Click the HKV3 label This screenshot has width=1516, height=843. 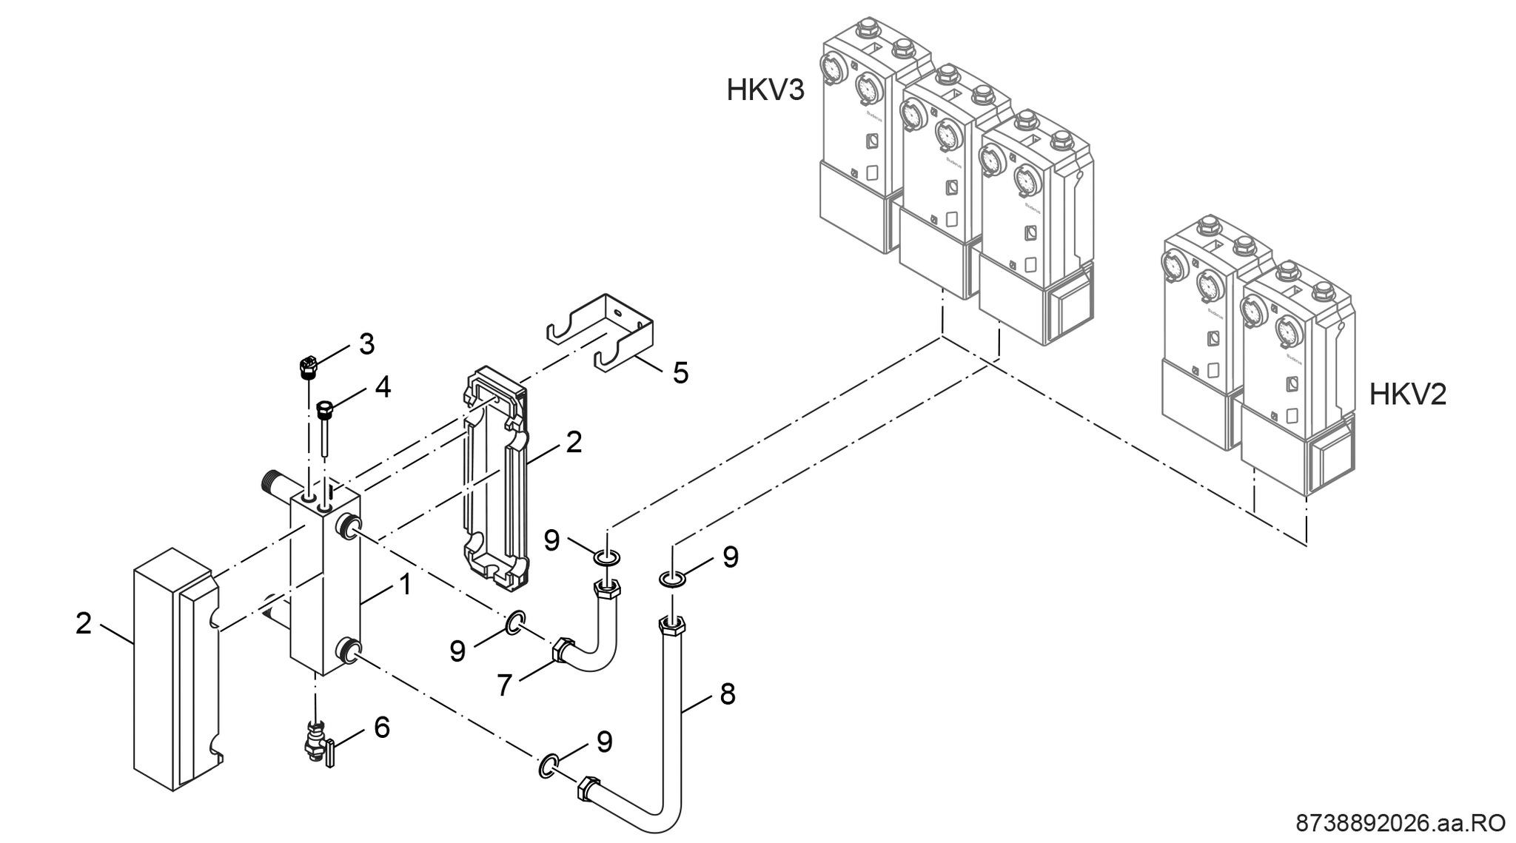[765, 90]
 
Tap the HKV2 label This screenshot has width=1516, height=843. [1407, 394]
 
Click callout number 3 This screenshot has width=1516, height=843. [366, 344]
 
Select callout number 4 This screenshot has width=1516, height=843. [382, 387]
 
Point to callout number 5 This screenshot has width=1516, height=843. [680, 372]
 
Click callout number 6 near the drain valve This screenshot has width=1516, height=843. [381, 728]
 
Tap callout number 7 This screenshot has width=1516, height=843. [504, 685]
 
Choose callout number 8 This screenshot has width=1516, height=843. [728, 694]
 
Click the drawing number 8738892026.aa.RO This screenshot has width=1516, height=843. [1400, 823]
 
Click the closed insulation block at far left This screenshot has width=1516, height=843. [174, 670]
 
